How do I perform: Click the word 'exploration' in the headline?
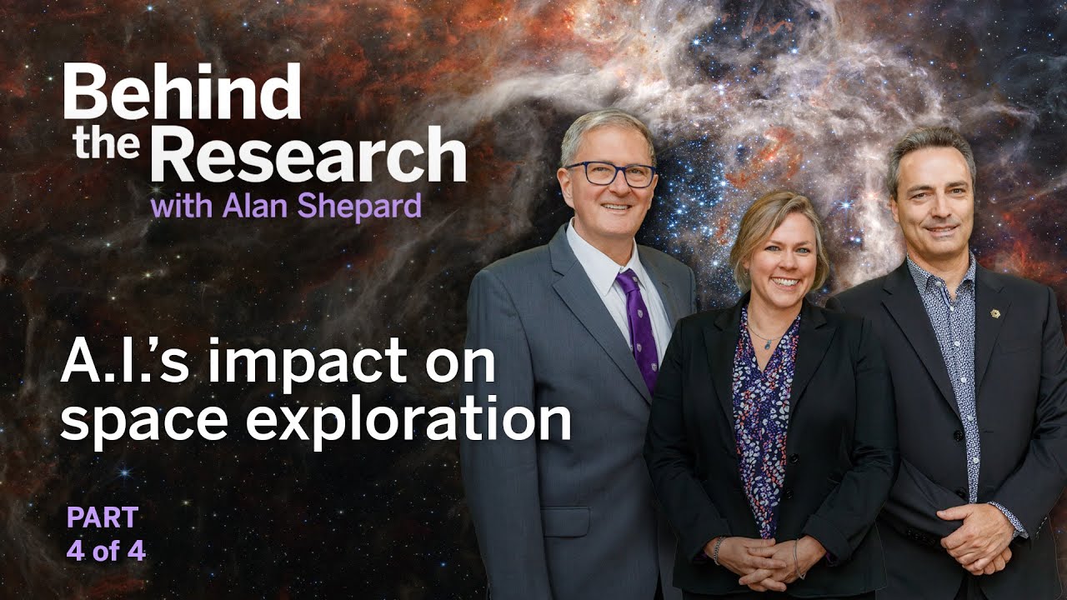408,420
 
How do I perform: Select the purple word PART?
103,517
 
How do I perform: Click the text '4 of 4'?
106,551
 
